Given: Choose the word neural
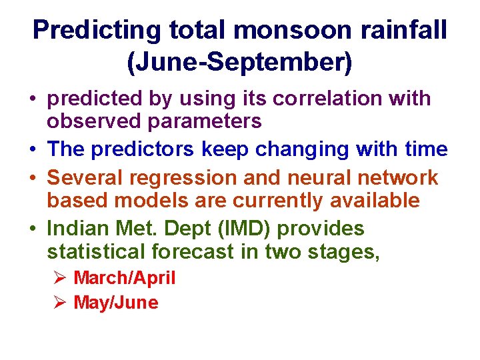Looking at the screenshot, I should click(299, 178).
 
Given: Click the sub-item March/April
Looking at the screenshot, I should click(124, 278).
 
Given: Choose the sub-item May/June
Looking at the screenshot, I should click(115, 303).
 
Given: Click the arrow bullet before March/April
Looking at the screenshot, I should click(59, 278).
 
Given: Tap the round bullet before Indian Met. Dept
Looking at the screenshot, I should click(33, 229).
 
